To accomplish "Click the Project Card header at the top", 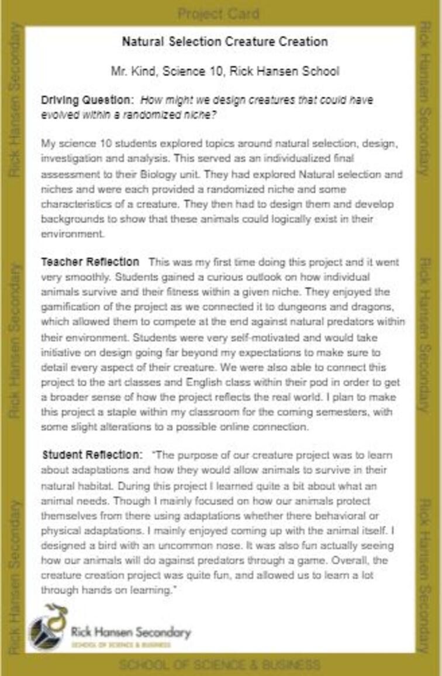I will tap(218, 13).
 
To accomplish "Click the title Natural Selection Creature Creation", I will tap(225, 42).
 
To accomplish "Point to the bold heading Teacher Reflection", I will tap(90, 262).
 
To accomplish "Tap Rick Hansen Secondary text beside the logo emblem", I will tap(131, 632).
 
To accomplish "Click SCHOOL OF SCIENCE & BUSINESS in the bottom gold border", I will tap(220, 665).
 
